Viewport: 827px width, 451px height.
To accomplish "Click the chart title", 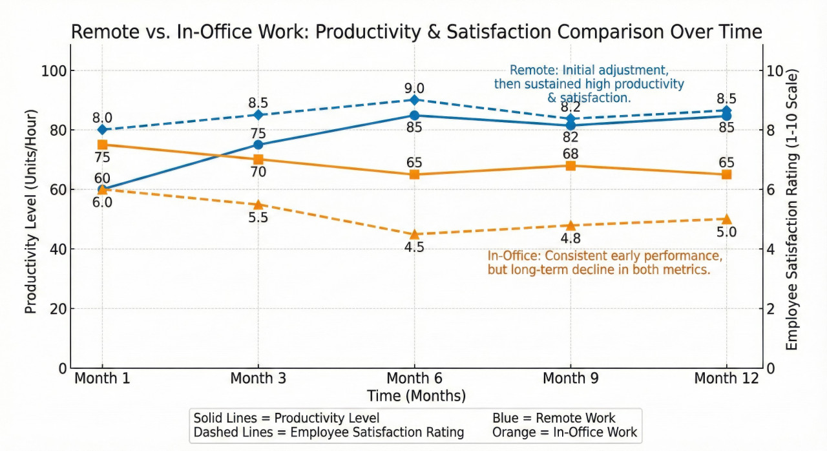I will tap(416, 32).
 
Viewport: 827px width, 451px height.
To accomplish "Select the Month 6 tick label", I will tap(414, 378).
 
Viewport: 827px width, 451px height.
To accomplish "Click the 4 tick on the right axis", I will tap(770, 249).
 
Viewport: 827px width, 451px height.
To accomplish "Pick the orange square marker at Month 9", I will tap(571, 166).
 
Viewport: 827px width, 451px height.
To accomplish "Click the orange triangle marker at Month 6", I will tap(414, 235).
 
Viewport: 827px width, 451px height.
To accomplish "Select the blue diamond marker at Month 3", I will tap(258, 115).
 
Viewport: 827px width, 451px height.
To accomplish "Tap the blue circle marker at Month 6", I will tap(414, 116).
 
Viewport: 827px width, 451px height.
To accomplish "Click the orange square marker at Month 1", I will tap(102, 145).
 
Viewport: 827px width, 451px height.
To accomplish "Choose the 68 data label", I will tap(571, 154).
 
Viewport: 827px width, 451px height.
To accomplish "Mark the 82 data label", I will tap(571, 137).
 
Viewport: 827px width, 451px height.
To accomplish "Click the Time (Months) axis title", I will tap(416, 395).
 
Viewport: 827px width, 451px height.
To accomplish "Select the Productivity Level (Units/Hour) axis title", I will tap(30, 212).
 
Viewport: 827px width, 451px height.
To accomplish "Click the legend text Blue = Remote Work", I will tap(554, 418).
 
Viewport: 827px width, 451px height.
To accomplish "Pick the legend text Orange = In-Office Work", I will tap(565, 432).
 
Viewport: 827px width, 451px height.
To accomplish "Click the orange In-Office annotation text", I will tap(605, 263).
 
